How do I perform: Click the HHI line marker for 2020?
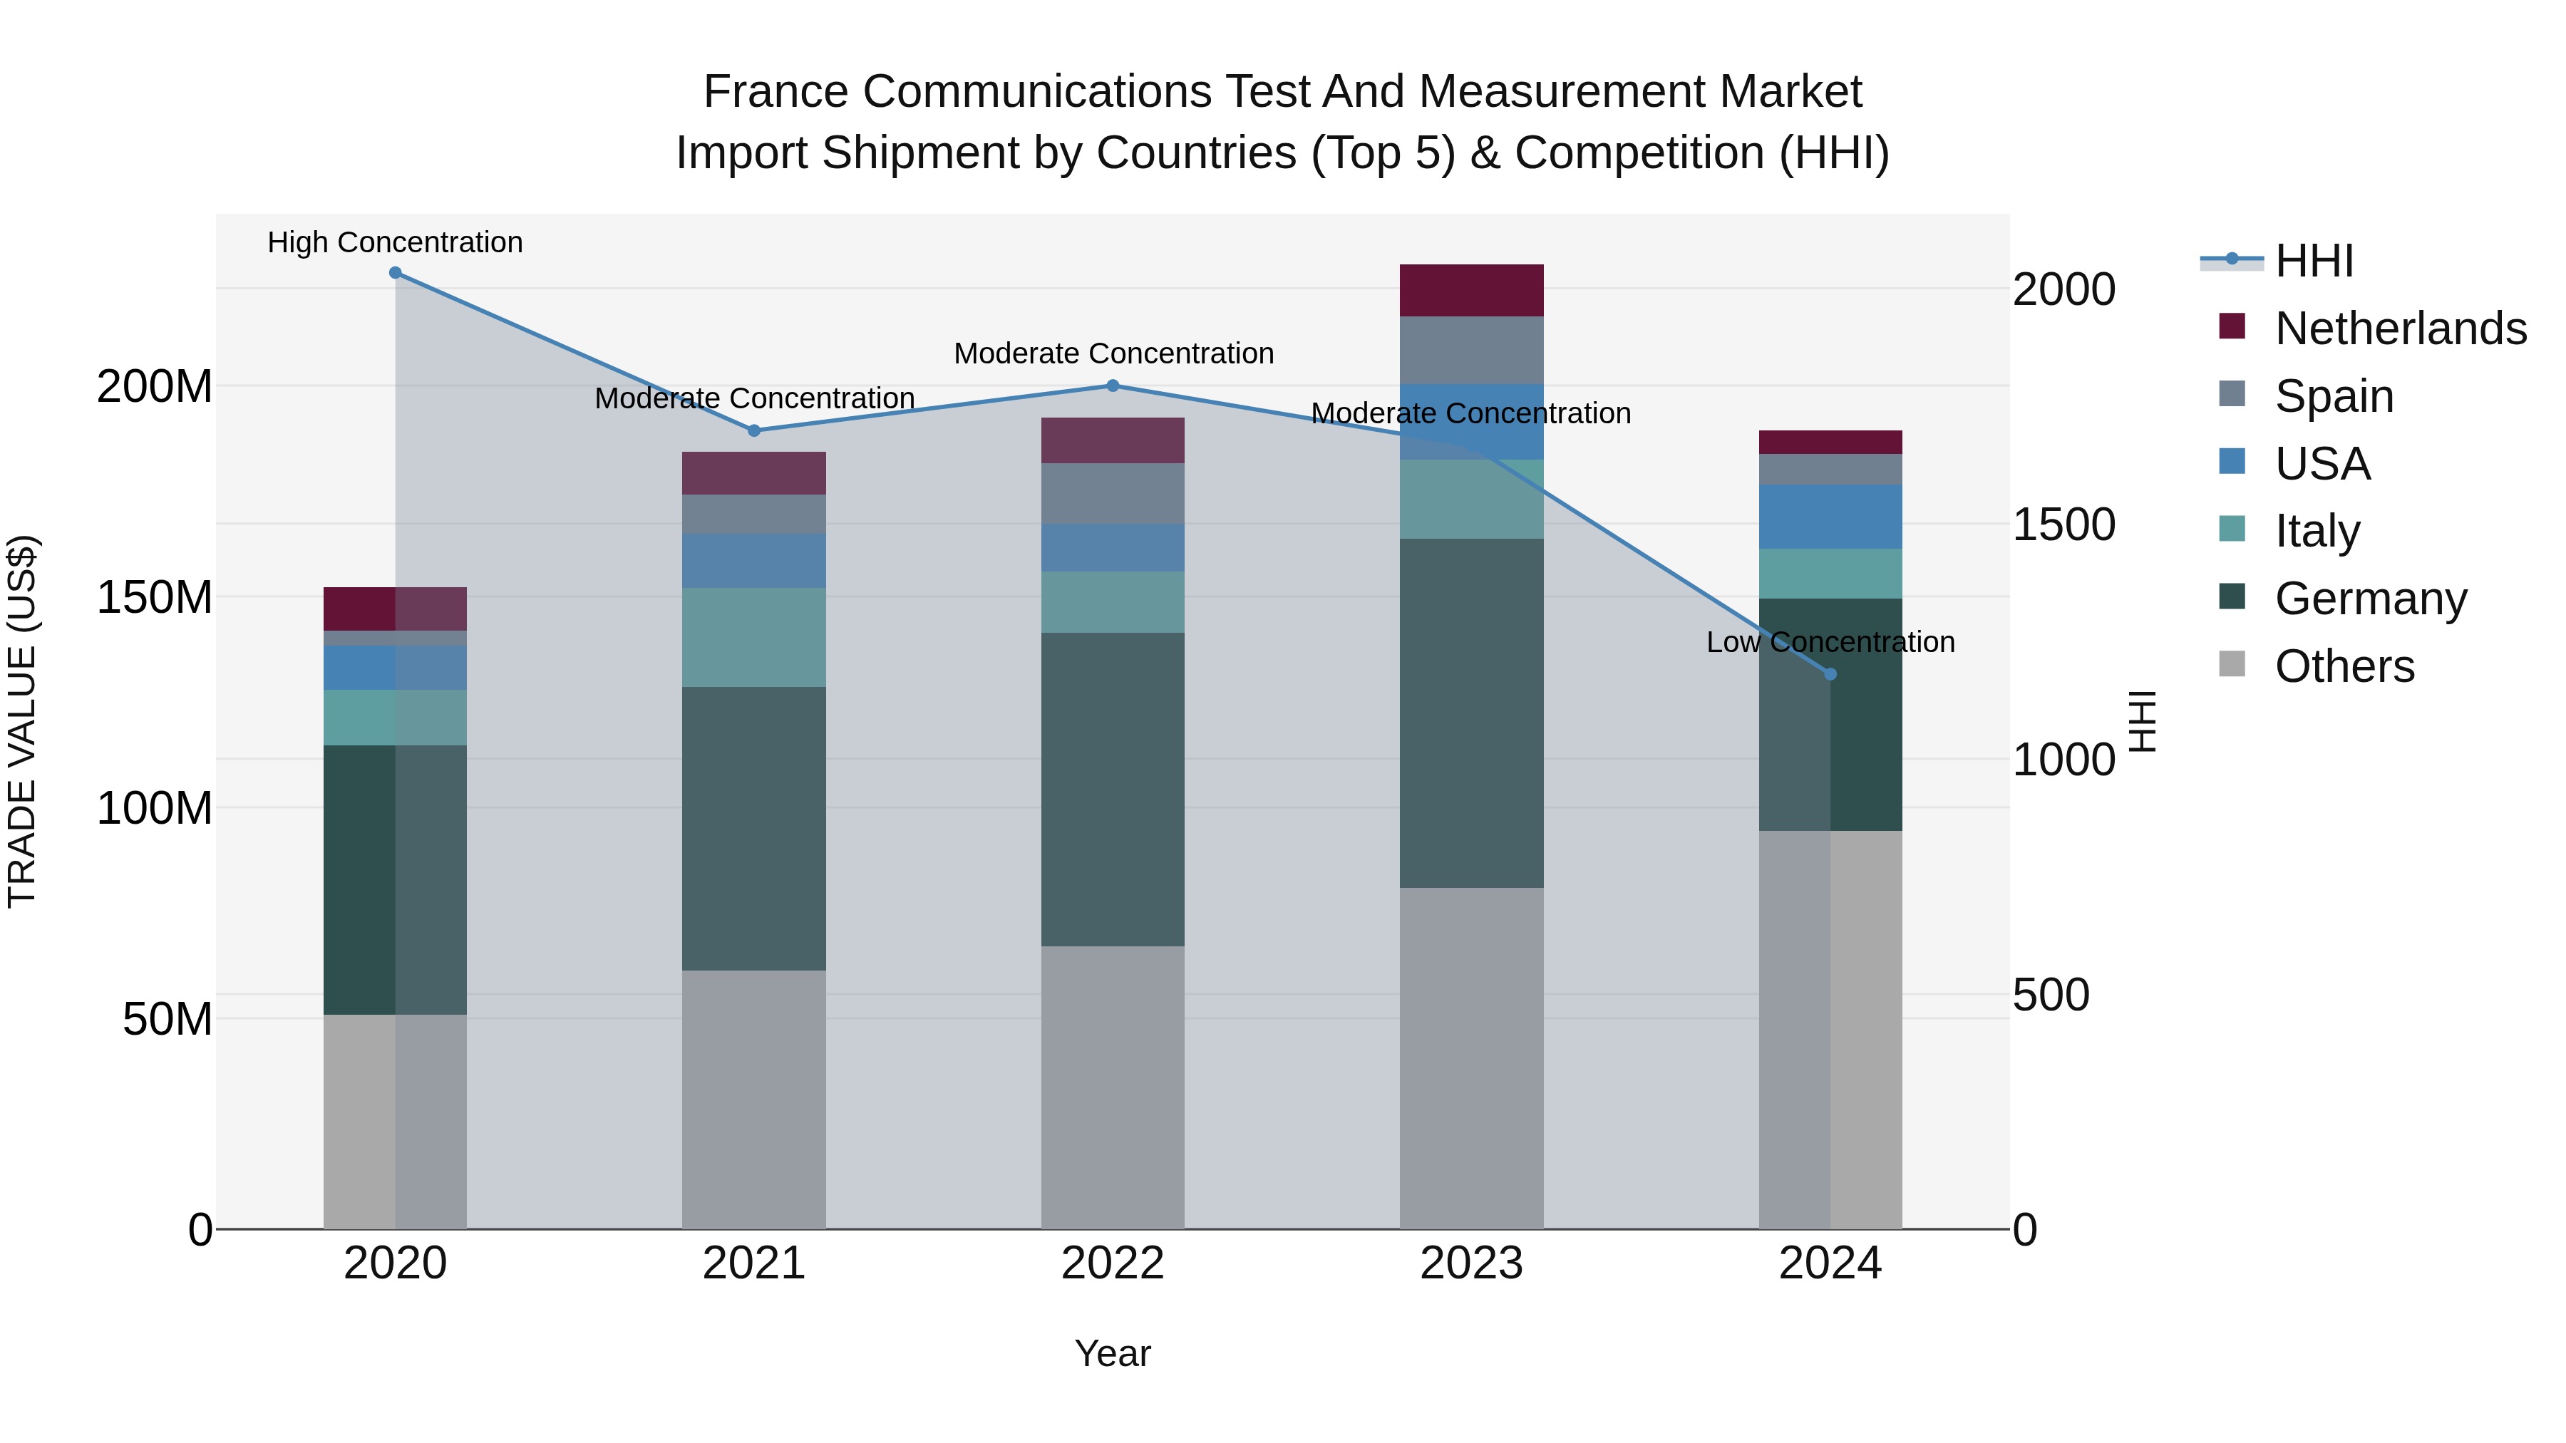(x=396, y=273)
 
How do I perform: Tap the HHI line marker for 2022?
(x=1113, y=386)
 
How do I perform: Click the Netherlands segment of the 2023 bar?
(x=1471, y=291)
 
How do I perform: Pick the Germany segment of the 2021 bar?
(x=754, y=829)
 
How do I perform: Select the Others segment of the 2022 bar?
(x=1113, y=1087)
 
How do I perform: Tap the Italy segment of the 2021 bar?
(x=754, y=637)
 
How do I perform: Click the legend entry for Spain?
(x=2334, y=396)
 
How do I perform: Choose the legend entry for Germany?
(x=2371, y=599)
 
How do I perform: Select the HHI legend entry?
(x=2314, y=261)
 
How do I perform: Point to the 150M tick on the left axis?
(x=155, y=598)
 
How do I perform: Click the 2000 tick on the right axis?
(x=2063, y=290)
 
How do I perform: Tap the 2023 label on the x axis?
(x=1471, y=1263)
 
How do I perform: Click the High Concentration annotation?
(x=396, y=243)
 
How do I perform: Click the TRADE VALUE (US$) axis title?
(x=22, y=721)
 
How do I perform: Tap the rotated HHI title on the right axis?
(x=2142, y=721)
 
